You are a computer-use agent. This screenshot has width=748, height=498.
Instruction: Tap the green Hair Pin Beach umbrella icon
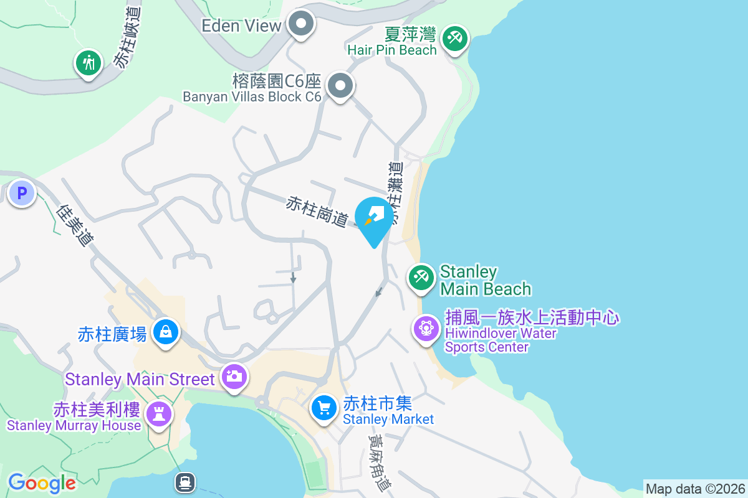tap(454, 39)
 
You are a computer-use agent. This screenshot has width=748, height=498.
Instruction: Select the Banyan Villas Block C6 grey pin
tap(340, 87)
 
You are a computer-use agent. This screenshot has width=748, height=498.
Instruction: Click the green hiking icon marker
tap(89, 63)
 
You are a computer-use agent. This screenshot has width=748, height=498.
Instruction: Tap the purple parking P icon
tap(22, 194)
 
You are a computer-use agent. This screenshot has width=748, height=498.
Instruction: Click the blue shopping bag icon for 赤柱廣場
tap(166, 332)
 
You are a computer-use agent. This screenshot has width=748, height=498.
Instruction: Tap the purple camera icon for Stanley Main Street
tap(234, 377)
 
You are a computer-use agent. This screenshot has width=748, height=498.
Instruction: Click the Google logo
tap(42, 483)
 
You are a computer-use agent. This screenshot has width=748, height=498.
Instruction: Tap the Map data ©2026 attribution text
tap(695, 489)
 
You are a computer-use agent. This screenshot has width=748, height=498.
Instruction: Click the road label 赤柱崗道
tap(317, 212)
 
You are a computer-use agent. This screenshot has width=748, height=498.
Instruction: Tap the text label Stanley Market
tap(388, 420)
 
